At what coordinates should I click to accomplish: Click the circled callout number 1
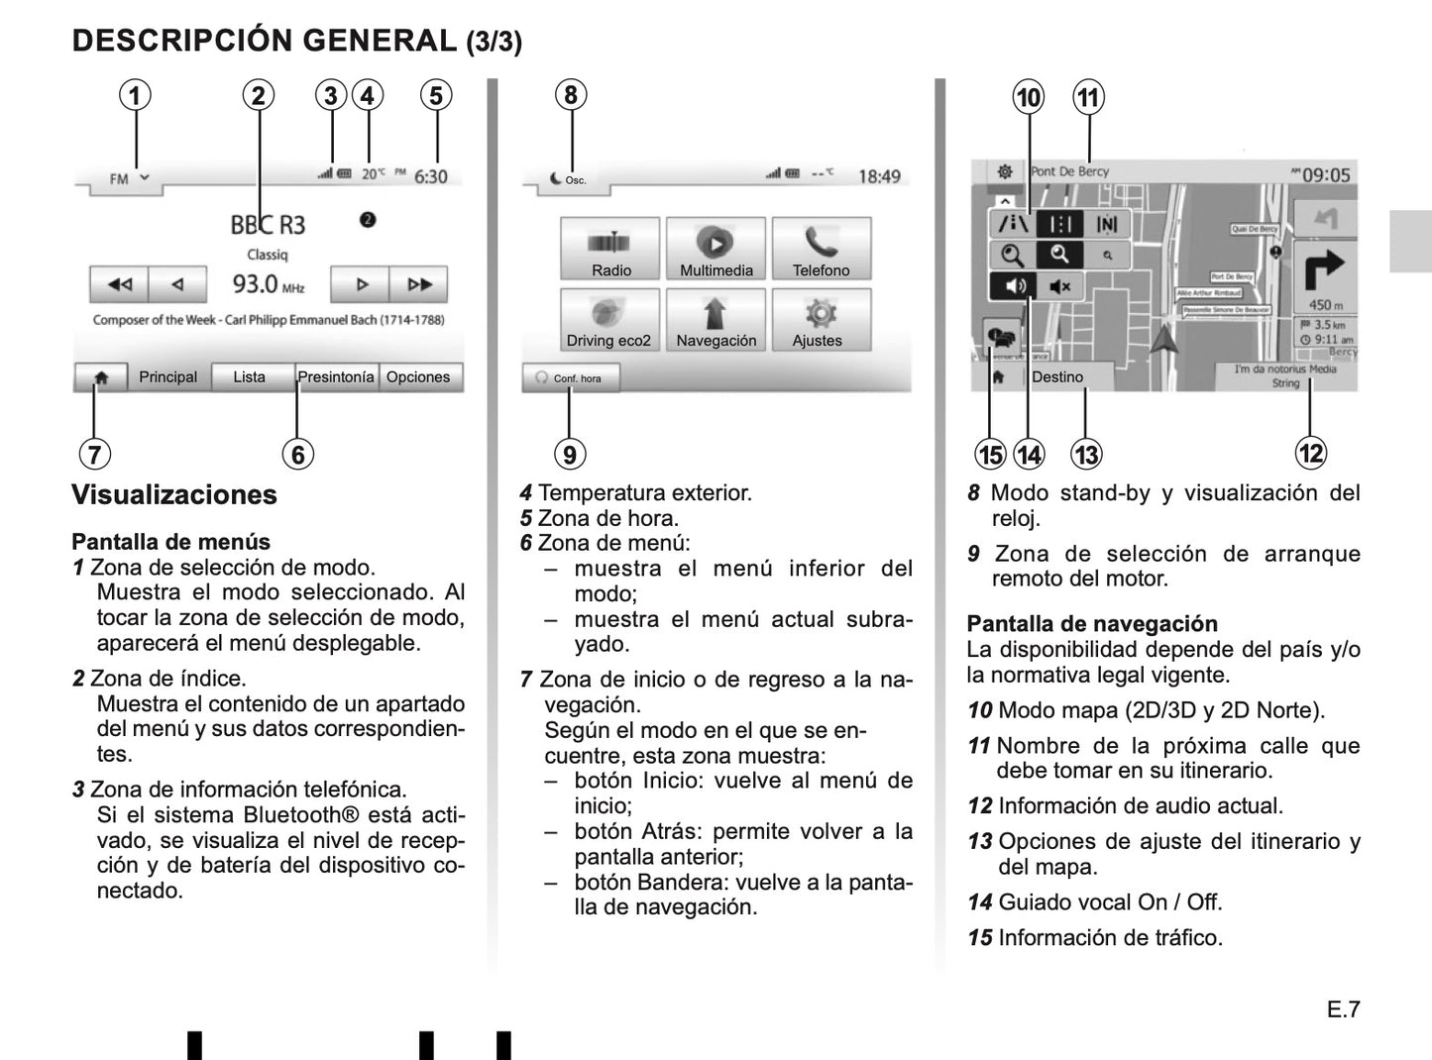tap(135, 95)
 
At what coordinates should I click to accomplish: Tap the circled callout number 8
tap(570, 95)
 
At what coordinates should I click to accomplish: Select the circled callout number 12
tap(1310, 453)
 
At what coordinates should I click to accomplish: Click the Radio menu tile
tap(610, 250)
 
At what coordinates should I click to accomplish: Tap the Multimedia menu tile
tap(716, 250)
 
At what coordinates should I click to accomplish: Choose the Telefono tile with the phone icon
tap(821, 250)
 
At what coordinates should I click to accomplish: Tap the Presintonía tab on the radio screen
tap(336, 377)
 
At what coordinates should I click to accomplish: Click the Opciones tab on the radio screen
tap(418, 377)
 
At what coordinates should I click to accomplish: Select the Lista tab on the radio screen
tap(250, 377)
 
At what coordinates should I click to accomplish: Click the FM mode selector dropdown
tap(128, 179)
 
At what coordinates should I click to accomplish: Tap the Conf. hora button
tap(571, 378)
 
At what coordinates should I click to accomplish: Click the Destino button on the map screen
tap(1057, 377)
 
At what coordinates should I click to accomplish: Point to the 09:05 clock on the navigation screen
tap(1325, 175)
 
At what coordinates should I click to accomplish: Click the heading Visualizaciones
tap(174, 495)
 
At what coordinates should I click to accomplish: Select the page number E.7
tap(1343, 1009)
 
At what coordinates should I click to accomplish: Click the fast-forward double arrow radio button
tap(419, 284)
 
